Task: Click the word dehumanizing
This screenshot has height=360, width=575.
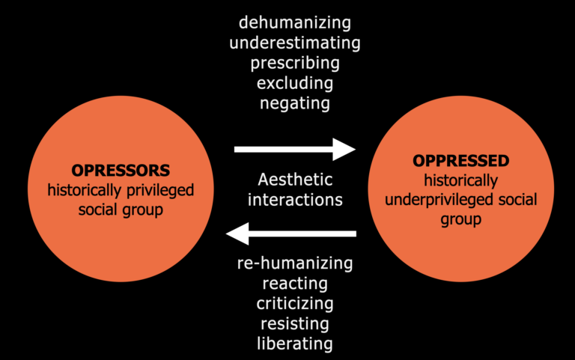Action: pos(295,22)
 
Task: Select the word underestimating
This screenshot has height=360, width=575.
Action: pos(295,43)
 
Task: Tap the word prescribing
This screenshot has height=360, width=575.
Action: pos(295,63)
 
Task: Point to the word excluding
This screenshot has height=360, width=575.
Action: pos(295,83)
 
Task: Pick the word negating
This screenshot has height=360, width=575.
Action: pos(295,103)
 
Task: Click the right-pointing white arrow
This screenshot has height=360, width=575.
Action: pos(295,149)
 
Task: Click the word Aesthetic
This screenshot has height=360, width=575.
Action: pos(295,180)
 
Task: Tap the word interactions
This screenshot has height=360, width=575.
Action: pos(295,200)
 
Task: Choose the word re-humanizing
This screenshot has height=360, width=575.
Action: pos(295,263)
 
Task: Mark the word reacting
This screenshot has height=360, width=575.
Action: pos(295,284)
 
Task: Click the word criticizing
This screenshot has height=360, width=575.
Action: pos(295,304)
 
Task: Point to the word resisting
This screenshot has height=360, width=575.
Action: pos(295,324)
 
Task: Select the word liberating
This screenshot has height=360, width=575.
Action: pos(295,344)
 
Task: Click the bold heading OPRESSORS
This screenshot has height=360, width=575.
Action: pos(121,170)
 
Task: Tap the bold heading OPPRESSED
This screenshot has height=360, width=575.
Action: pos(460,161)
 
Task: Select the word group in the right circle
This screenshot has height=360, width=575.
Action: pos(460,221)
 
